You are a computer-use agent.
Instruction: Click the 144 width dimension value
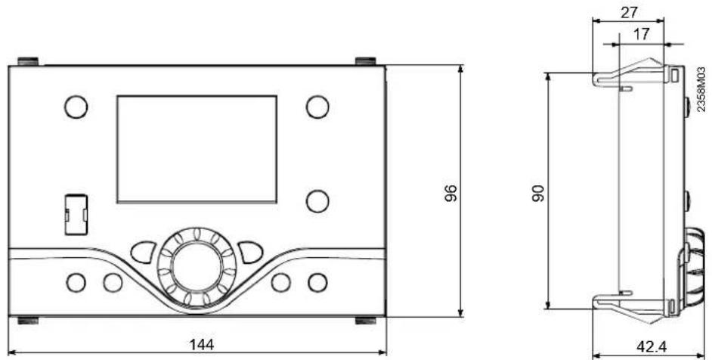[201, 345]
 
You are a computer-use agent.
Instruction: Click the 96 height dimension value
[450, 193]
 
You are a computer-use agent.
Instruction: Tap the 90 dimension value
[539, 193]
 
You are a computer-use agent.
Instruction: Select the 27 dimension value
[630, 12]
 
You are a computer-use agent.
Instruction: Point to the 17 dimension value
[641, 34]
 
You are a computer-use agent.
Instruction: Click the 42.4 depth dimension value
[652, 347]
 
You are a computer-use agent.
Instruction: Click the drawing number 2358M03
[701, 89]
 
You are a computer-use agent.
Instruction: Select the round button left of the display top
[76, 107]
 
